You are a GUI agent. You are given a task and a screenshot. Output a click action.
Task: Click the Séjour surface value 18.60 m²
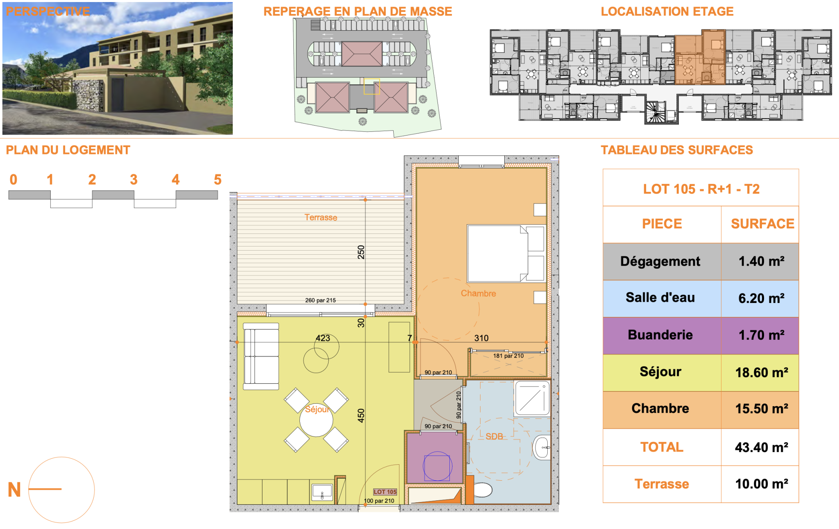762,373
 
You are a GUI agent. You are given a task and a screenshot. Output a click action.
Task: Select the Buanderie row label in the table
660,335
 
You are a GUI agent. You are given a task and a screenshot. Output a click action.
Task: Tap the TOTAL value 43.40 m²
762,447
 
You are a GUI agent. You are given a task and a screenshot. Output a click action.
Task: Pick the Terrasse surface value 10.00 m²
762,484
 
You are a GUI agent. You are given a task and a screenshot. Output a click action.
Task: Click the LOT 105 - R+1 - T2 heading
701,189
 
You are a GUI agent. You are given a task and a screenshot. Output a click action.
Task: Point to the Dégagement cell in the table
660,261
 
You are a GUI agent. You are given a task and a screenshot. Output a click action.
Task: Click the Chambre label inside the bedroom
478,293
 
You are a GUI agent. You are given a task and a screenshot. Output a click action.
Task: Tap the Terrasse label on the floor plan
321,217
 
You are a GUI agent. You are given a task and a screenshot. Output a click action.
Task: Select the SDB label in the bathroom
494,436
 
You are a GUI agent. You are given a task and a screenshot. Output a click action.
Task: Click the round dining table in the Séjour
316,420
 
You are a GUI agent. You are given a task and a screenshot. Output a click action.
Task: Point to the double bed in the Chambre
506,253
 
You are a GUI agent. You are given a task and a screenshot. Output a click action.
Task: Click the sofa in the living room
261,356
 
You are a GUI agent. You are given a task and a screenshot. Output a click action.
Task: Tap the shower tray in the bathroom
532,398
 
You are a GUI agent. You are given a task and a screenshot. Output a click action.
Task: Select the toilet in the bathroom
483,490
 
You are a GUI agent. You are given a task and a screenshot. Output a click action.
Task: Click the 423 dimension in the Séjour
323,338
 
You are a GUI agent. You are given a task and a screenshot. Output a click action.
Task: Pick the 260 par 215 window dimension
320,300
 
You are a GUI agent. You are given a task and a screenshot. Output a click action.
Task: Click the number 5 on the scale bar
218,180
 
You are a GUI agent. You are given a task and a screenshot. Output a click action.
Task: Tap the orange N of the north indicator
14,490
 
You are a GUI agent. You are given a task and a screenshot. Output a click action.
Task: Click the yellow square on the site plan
372,86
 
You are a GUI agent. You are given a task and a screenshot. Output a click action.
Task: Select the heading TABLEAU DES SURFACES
677,150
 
